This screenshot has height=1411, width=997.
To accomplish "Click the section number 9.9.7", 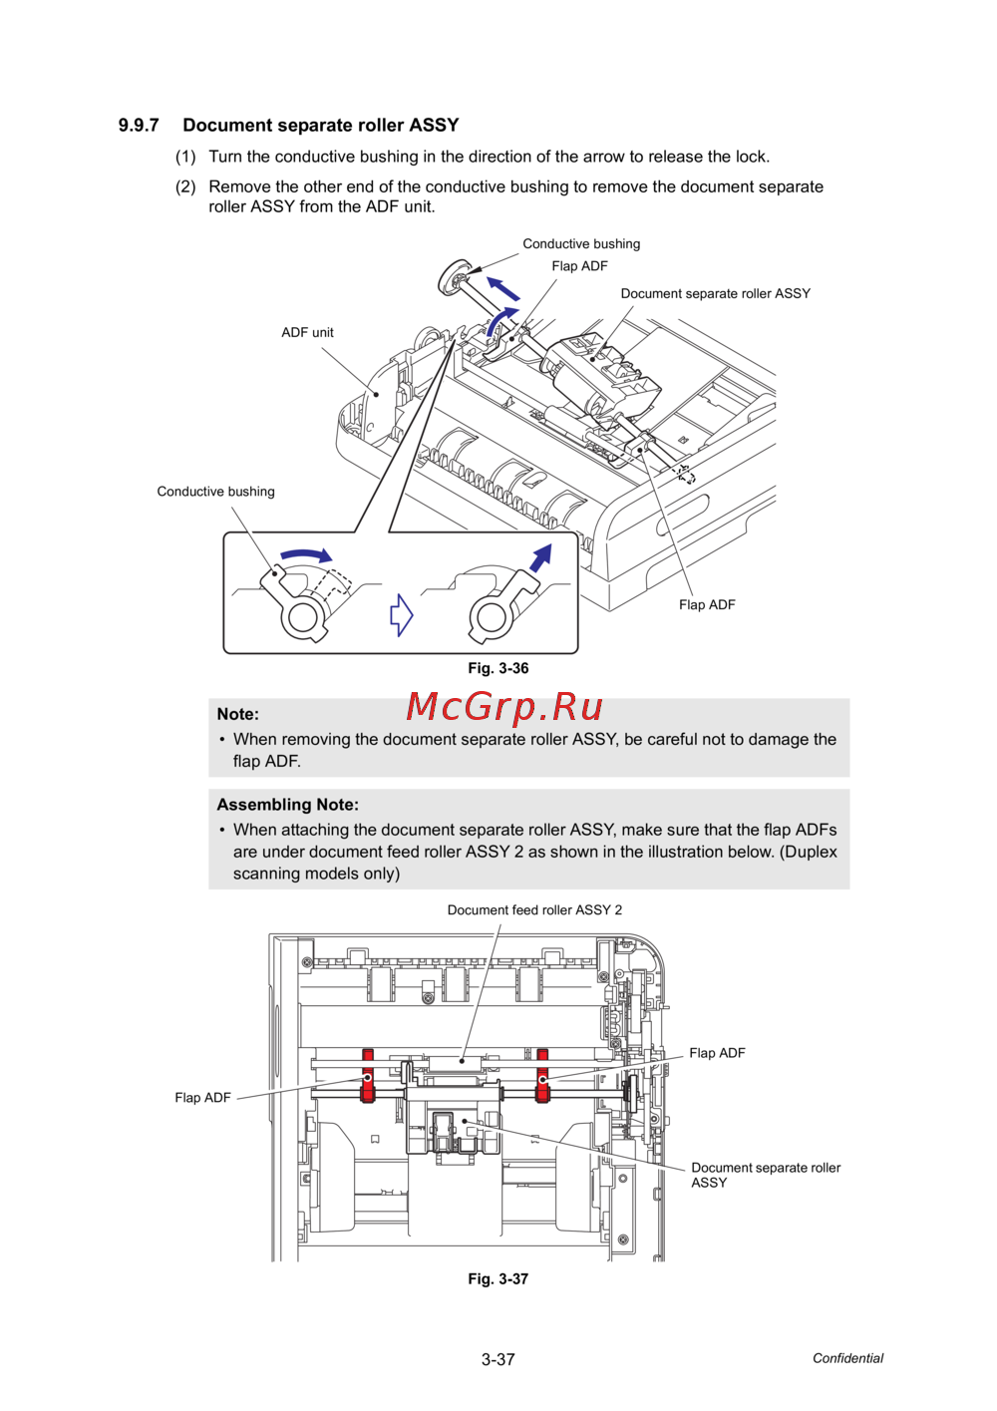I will [139, 126].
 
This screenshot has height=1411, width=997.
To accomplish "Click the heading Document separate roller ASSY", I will [320, 126].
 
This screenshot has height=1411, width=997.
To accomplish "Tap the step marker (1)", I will [185, 157].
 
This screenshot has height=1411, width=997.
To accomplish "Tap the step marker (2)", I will [185, 186].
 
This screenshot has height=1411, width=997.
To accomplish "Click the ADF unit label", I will [307, 333].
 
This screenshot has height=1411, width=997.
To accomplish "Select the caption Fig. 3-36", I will [498, 668].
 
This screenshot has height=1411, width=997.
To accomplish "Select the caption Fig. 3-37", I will [498, 1278].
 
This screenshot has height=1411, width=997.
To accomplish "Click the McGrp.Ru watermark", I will [504, 707].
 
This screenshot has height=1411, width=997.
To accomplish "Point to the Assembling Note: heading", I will [287, 805].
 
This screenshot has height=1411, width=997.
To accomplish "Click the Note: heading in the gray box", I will [238, 714].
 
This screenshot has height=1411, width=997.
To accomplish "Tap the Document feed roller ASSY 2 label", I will [534, 909].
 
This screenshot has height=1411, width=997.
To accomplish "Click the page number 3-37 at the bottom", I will [498, 1359].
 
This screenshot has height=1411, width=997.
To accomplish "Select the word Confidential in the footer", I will [847, 1358].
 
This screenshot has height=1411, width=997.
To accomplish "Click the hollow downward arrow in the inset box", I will [401, 614].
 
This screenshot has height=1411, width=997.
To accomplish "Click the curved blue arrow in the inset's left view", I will [305, 554].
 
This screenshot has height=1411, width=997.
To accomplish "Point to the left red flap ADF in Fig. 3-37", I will [368, 1077].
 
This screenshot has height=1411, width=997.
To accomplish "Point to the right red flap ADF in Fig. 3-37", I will [542, 1076].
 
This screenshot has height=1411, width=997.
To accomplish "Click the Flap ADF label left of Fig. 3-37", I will [202, 1098].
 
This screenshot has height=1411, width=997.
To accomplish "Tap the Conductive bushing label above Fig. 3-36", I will [581, 244].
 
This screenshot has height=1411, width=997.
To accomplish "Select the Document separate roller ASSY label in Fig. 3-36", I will [715, 294].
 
